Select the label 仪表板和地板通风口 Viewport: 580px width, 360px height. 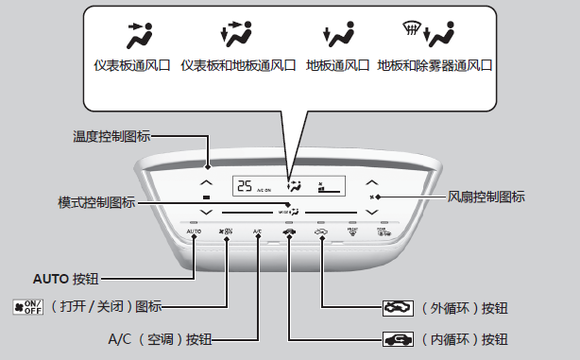click(x=237, y=67)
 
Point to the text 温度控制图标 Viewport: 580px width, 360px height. click(x=111, y=137)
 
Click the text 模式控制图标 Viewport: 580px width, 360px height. click(x=96, y=202)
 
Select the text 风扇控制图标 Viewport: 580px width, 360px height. click(x=486, y=197)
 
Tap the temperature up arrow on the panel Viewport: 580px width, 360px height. click(x=207, y=181)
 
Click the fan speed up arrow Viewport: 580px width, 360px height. click(x=371, y=181)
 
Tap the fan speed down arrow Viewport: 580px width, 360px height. click(x=371, y=212)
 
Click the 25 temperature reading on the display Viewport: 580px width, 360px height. click(x=245, y=186)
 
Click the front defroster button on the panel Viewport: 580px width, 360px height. click(x=351, y=231)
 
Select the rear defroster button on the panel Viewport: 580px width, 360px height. click(x=384, y=231)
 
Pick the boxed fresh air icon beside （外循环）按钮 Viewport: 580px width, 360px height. click(x=393, y=307)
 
